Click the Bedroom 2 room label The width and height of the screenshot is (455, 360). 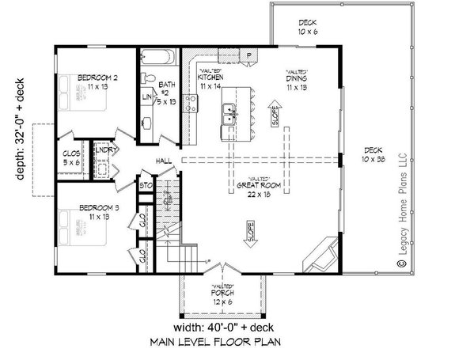coord(98,81)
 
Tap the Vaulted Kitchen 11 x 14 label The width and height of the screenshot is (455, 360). coord(210,78)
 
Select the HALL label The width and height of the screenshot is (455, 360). coord(164,161)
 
